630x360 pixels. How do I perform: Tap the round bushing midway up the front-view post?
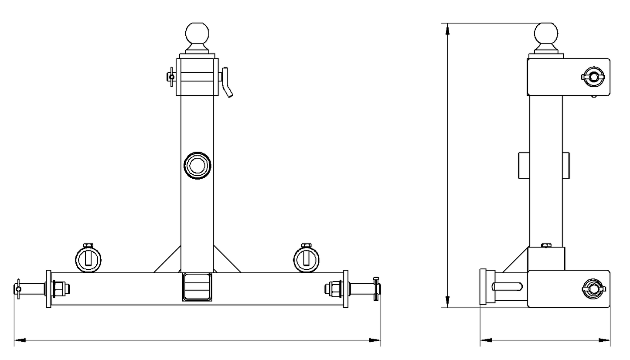[x=198, y=165]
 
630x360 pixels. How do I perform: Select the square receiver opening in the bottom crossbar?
[x=198, y=287]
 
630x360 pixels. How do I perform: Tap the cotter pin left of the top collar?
[x=171, y=77]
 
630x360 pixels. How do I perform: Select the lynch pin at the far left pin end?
[x=18, y=289]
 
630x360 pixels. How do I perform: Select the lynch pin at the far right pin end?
[x=376, y=288]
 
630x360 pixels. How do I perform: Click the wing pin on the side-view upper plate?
[x=593, y=77]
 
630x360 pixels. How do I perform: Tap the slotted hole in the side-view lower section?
[x=507, y=287]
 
